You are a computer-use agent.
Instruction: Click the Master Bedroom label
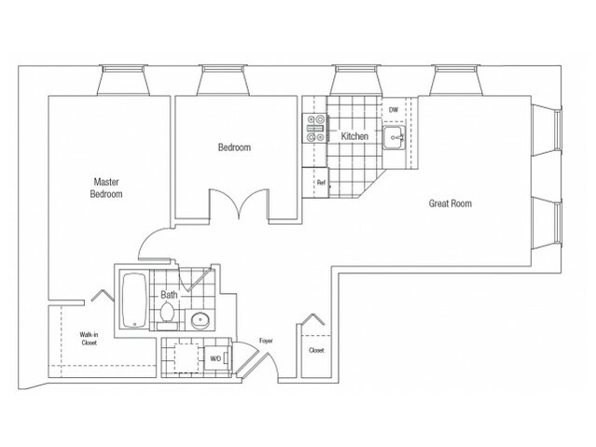108,188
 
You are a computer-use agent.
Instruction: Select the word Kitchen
354,136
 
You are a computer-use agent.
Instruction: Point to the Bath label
169,295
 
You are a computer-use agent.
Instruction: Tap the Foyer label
265,342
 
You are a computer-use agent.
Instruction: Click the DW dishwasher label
393,109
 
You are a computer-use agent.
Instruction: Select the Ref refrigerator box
320,183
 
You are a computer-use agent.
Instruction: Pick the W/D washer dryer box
215,357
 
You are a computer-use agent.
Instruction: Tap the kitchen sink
395,142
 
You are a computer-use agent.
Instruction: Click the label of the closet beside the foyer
316,350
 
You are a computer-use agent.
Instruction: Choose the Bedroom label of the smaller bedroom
234,147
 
